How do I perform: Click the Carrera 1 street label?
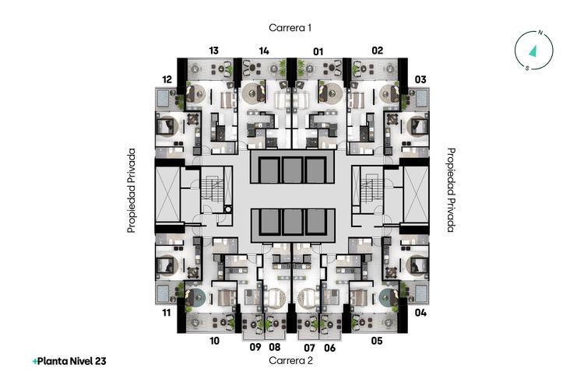(x=290, y=28)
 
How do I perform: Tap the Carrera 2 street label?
(x=290, y=360)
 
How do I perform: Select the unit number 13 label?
(x=214, y=51)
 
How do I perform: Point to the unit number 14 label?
(x=264, y=51)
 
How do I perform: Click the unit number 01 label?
(x=318, y=51)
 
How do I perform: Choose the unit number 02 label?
(x=378, y=51)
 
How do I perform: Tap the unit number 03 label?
(x=420, y=79)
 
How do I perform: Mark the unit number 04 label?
(x=420, y=312)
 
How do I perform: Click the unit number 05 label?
(x=377, y=341)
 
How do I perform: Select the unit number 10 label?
(x=215, y=341)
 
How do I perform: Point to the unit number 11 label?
(x=167, y=312)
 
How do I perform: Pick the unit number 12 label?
(x=167, y=79)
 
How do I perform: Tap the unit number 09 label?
(x=255, y=347)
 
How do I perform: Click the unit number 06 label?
(x=330, y=348)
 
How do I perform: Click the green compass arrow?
(x=533, y=51)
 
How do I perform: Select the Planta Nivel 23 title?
(x=69, y=361)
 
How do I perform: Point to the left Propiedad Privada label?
(x=131, y=191)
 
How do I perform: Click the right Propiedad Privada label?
(x=451, y=190)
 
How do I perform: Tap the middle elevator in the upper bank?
(x=292, y=170)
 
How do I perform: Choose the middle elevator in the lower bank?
(x=292, y=222)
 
